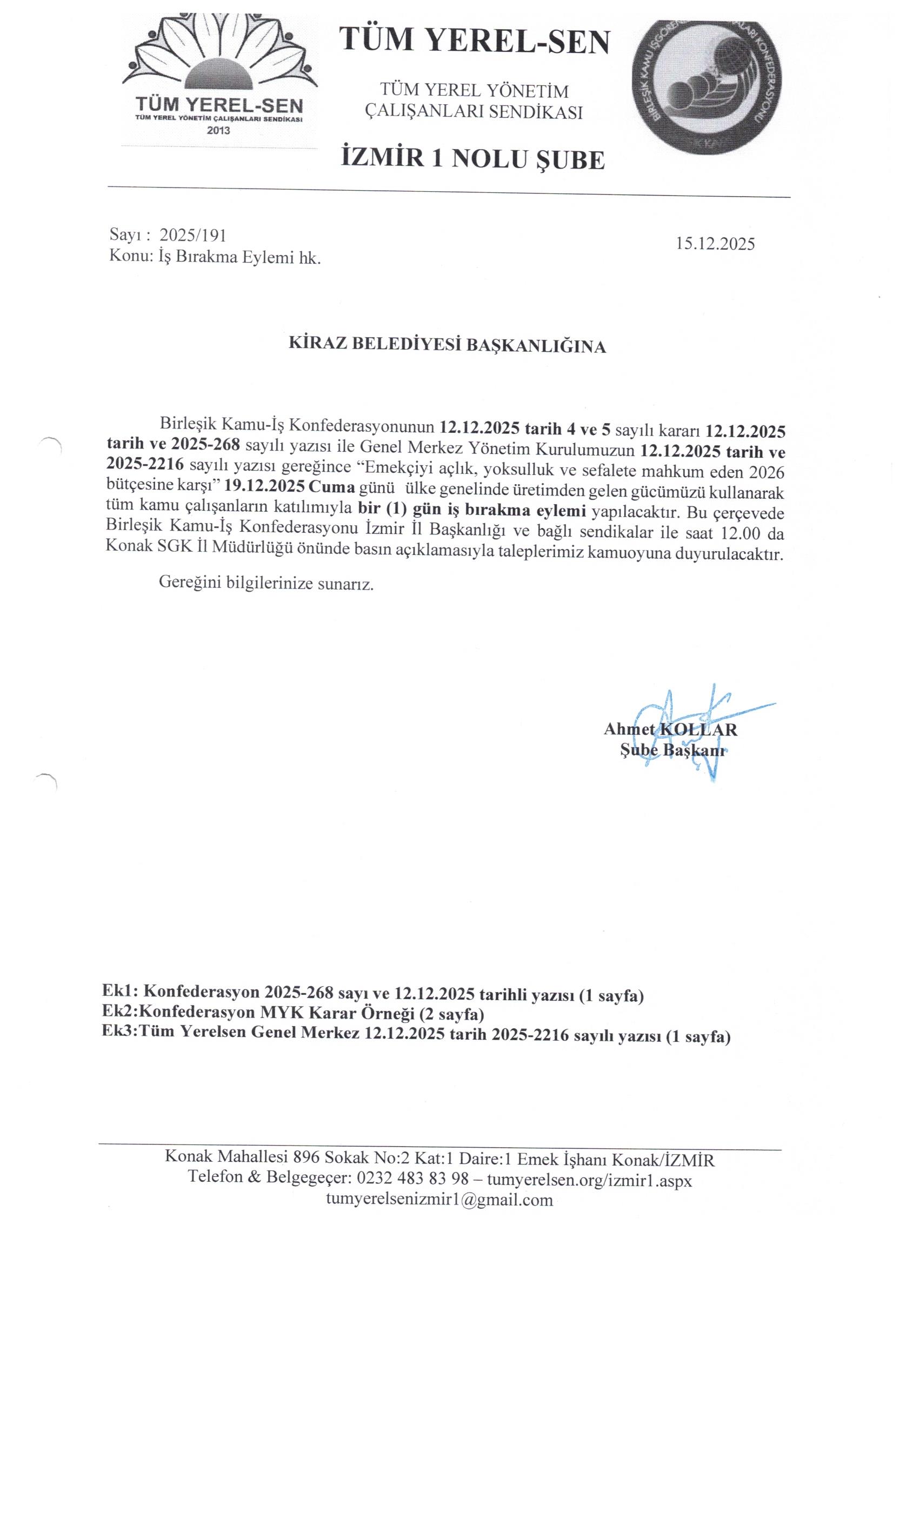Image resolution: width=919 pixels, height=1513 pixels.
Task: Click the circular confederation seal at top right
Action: tap(707, 86)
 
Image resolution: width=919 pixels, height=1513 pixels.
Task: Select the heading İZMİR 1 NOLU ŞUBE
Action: tap(472, 159)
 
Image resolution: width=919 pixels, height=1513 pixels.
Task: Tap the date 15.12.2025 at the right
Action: tap(715, 244)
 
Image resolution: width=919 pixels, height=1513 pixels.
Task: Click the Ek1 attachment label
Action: tap(121, 992)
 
